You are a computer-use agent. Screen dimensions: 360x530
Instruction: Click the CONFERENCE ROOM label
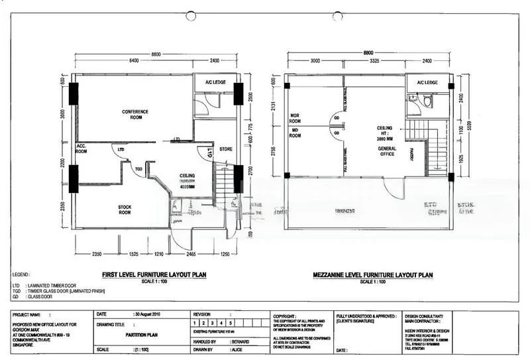[x=134, y=114]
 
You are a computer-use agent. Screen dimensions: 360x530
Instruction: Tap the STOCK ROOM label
[x=125, y=210]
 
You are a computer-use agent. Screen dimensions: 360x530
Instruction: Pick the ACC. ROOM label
[x=82, y=148]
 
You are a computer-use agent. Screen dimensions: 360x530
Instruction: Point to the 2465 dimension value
[x=190, y=254]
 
